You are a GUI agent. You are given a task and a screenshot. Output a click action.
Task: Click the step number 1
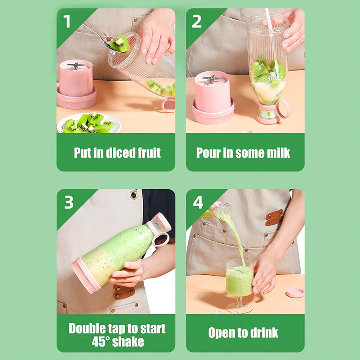tap(67, 22)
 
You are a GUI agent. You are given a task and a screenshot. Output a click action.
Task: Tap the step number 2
tap(197, 22)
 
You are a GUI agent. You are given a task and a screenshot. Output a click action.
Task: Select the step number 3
tap(69, 203)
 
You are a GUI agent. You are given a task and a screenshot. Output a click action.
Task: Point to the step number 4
tap(198, 203)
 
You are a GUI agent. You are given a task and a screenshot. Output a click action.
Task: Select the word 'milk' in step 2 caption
tap(276, 153)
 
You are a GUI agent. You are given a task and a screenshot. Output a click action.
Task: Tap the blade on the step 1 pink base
tap(76, 66)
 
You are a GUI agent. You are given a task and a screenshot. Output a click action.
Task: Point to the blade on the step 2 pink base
tap(212, 78)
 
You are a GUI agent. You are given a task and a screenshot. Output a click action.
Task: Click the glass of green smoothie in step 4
tap(239, 279)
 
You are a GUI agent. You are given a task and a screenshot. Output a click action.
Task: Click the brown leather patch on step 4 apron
tap(274, 217)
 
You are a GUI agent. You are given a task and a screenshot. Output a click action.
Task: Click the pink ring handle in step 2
tap(283, 109)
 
